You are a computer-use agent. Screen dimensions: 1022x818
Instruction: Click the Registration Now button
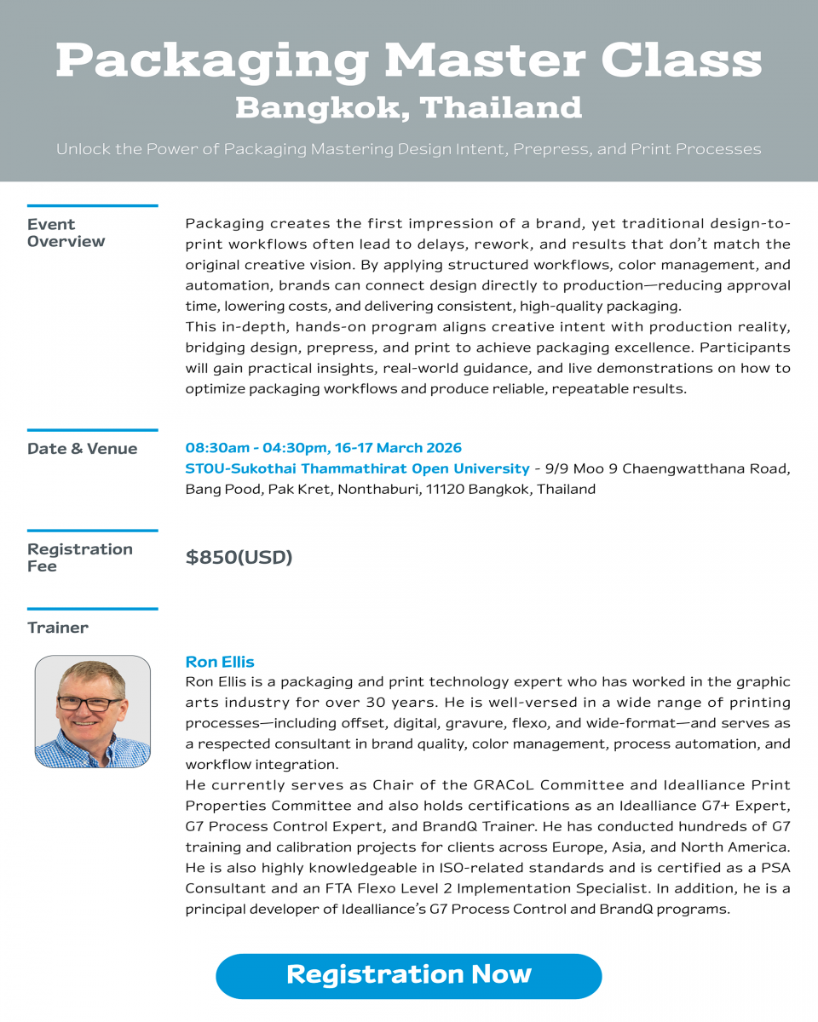pos(409,975)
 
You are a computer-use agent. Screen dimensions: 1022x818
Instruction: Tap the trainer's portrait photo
pos(92,711)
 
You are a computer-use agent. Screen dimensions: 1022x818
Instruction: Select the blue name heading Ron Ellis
pos(220,662)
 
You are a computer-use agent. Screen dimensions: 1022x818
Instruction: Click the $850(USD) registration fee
pos(239,558)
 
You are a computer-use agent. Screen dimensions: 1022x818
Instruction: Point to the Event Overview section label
pos(66,233)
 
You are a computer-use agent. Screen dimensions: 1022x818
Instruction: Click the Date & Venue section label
pos(82,449)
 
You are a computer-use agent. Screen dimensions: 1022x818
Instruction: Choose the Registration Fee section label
pos(79,558)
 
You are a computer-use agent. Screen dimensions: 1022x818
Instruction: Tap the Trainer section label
pos(57,628)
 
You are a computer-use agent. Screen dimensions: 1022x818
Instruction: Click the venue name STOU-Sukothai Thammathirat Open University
pos(357,468)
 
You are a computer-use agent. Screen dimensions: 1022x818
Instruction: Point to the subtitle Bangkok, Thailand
pos(409,108)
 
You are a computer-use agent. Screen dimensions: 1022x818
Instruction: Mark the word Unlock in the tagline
pos(83,150)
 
